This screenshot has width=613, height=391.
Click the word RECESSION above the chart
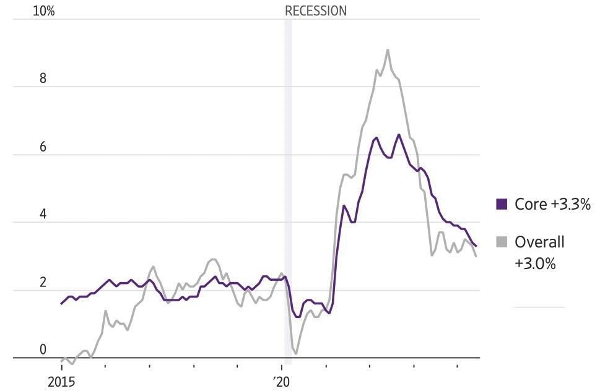click(316, 11)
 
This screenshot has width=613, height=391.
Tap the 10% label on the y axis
click(44, 11)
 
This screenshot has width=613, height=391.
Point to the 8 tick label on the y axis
click(43, 79)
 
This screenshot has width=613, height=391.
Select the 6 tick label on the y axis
click(43, 147)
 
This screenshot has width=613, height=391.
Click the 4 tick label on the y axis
click(43, 214)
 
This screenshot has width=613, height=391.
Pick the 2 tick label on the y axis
click(43, 282)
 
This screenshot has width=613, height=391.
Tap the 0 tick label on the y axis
click(43, 349)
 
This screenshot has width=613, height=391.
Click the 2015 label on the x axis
click(61, 382)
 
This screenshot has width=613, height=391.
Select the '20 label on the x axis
click(282, 382)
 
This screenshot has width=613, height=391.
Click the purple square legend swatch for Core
click(502, 204)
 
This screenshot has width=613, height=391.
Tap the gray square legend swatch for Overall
click(502, 242)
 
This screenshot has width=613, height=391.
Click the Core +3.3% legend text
click(552, 204)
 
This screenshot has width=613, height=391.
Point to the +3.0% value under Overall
click(535, 264)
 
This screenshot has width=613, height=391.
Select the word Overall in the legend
click(539, 242)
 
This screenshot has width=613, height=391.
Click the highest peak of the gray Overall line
click(388, 49)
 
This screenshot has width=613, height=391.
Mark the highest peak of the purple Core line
click(399, 134)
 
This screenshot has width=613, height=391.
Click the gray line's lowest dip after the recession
click(296, 353)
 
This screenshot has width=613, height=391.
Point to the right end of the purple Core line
click(476, 246)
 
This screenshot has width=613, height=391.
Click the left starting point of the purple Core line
click(61, 304)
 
